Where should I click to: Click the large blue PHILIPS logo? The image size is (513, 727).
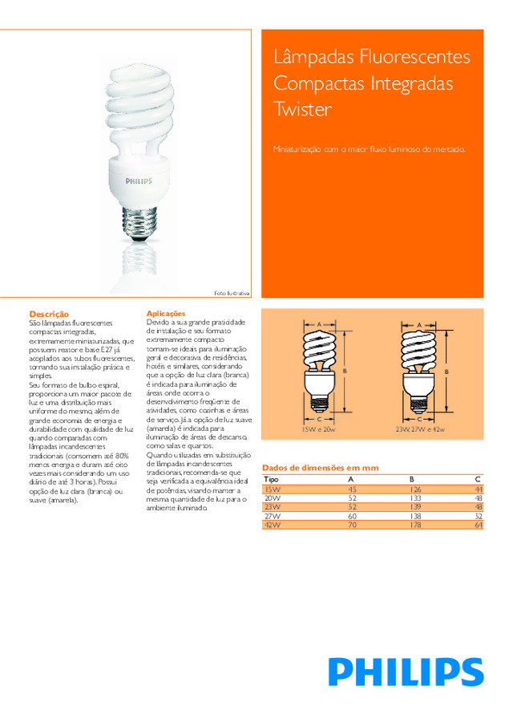(406, 671)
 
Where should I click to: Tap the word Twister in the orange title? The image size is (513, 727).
(302, 109)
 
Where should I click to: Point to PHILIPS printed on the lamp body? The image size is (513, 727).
(137, 182)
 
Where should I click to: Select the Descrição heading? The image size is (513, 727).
(49, 313)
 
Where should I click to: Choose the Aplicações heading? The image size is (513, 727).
(166, 313)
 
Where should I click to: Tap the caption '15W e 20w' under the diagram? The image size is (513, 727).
(317, 430)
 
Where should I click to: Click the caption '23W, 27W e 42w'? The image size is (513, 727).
(419, 430)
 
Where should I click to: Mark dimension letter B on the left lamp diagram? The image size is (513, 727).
(345, 371)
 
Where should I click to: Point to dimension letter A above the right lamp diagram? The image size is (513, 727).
(420, 324)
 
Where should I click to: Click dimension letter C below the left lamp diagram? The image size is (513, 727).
(318, 419)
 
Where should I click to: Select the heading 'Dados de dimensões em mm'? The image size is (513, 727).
(320, 468)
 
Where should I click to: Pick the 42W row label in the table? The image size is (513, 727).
(273, 525)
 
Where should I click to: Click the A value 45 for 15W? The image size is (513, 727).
(351, 489)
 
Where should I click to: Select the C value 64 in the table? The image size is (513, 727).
(479, 525)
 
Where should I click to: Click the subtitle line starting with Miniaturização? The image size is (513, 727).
(369, 149)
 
